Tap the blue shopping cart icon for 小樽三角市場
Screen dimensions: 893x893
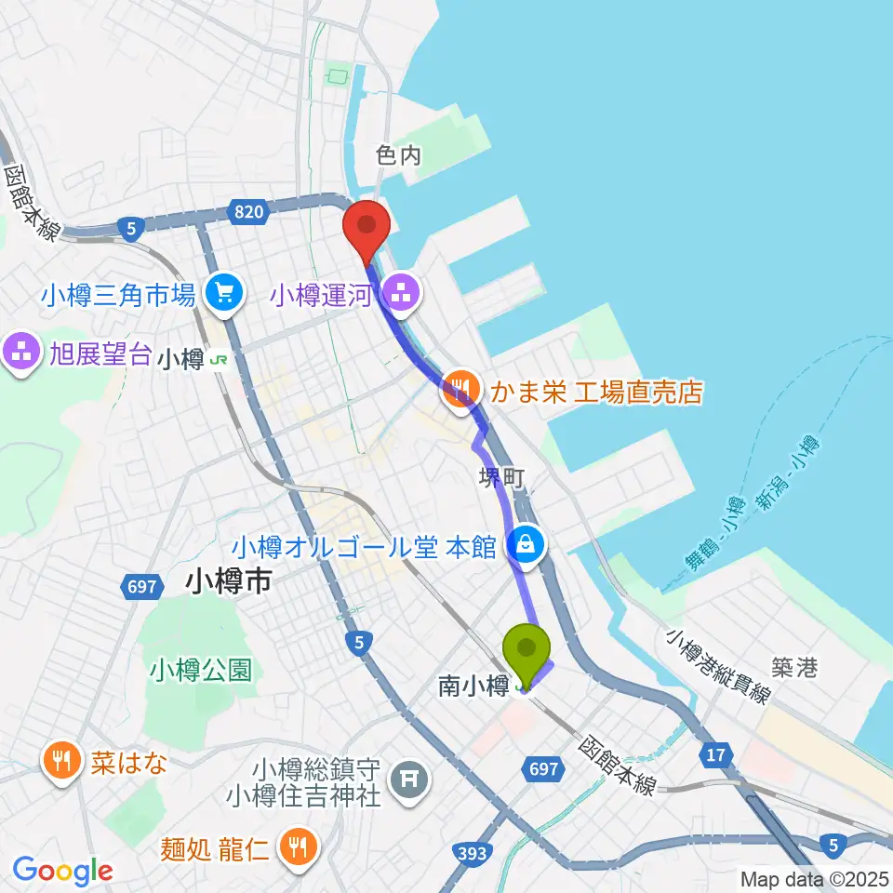click(224, 295)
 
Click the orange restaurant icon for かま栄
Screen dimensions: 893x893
click(460, 390)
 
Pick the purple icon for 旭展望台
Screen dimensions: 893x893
click(20, 353)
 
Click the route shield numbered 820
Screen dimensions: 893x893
click(248, 213)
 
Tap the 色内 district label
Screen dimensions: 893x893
click(399, 155)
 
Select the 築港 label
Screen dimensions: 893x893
click(793, 667)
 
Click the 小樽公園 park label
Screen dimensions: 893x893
click(200, 669)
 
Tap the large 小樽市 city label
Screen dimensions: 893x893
click(228, 583)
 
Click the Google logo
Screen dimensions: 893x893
click(62, 871)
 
